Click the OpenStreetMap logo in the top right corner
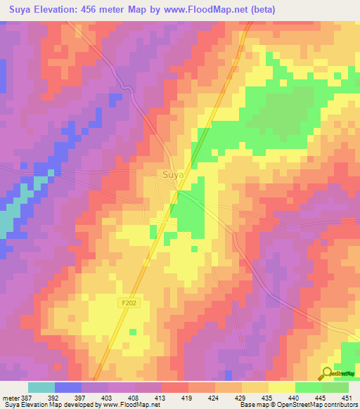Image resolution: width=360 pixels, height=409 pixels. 340,72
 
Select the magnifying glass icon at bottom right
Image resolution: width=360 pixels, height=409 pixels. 327,374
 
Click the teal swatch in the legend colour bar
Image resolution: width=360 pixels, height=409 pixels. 41,387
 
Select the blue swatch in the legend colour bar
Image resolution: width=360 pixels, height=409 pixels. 68,387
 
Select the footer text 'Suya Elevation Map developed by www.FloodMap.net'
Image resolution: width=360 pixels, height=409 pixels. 82,405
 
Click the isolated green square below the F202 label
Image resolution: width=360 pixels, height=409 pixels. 132,331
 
